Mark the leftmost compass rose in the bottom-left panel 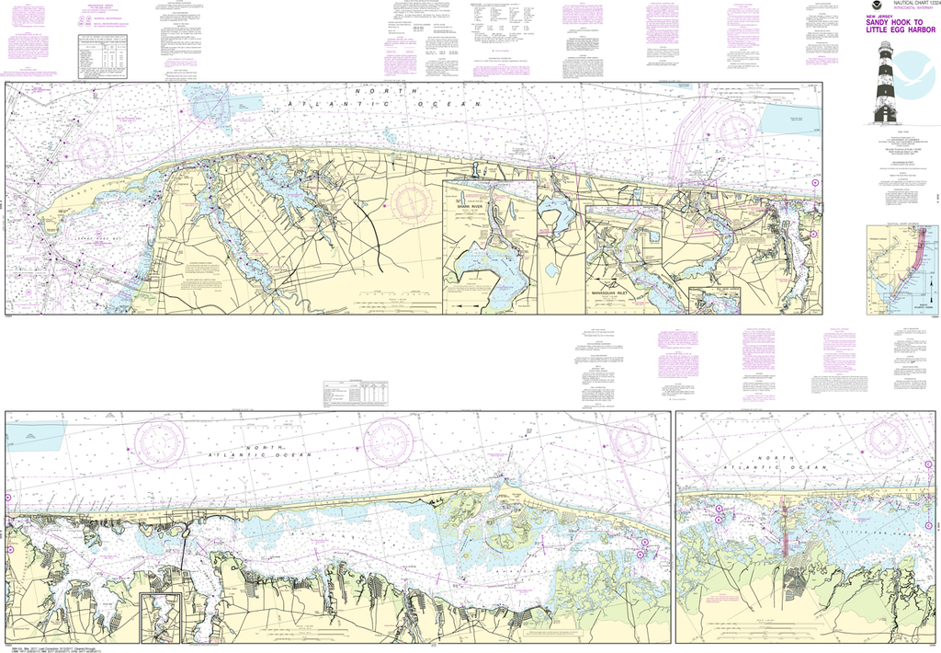coord(159,442)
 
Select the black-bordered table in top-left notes coord(104,56)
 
